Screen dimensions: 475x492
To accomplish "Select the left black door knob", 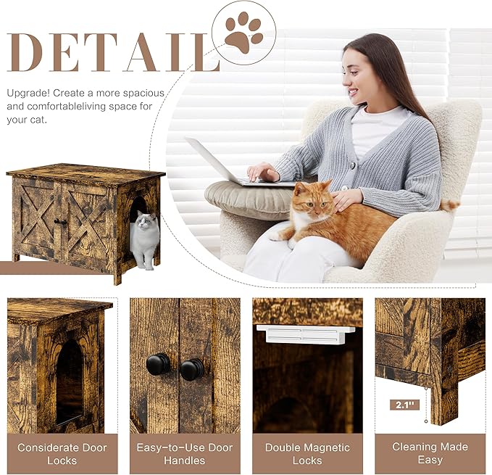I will [x=158, y=365].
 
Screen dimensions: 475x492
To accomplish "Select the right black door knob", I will [x=191, y=369].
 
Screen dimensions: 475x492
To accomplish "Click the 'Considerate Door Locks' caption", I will [x=62, y=453].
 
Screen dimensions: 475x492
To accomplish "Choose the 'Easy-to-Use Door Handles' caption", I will [x=184, y=453].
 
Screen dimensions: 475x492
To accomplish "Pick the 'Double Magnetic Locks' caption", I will [x=307, y=453].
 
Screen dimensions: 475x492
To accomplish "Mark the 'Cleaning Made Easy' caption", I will [x=430, y=453].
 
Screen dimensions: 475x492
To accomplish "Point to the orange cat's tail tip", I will [x=452, y=205].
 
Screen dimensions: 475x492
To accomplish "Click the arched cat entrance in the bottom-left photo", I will [x=70, y=381].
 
